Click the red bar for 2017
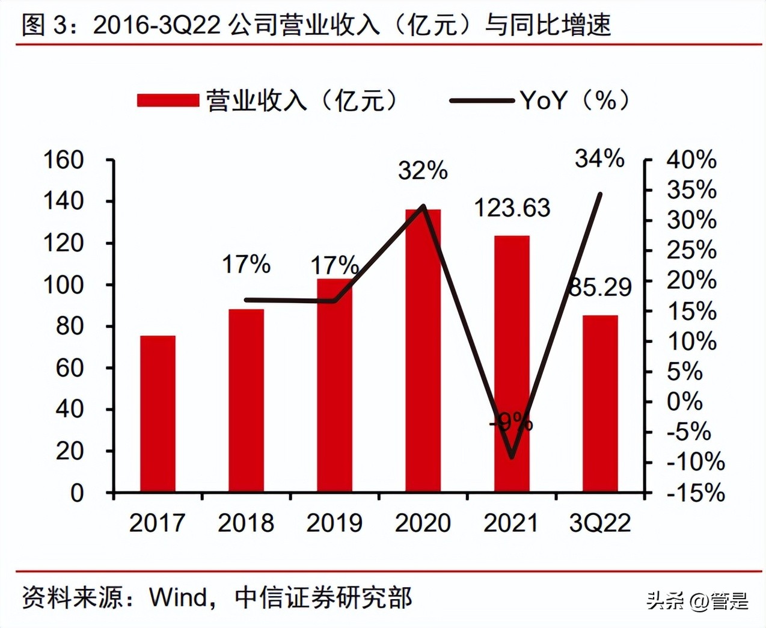coord(158,414)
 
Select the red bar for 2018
coord(246,401)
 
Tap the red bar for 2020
coord(423,351)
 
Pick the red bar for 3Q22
coord(600,404)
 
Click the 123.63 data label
coord(512,208)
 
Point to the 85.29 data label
coord(600,288)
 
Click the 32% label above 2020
coord(423,171)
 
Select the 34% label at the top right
coord(599,159)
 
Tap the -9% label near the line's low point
coord(511,422)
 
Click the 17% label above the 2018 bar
coord(246,264)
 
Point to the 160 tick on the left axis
coord(63,160)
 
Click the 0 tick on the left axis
coord(77,493)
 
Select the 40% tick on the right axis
coord(691,160)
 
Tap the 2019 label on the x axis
coord(334,523)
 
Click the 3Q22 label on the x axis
coord(600,523)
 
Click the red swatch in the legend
coord(168,100)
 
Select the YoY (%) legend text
coord(575,100)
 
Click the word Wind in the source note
coord(178,597)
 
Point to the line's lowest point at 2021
coord(512,457)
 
